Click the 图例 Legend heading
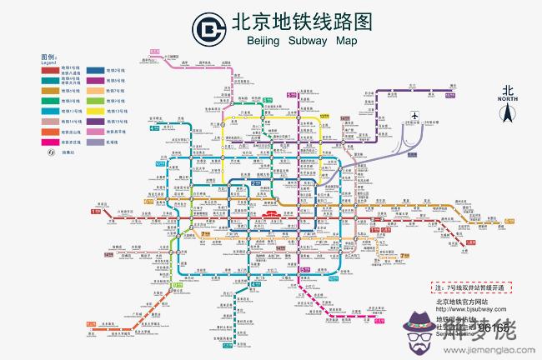pos(47,58)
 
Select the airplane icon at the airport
pos(414,116)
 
